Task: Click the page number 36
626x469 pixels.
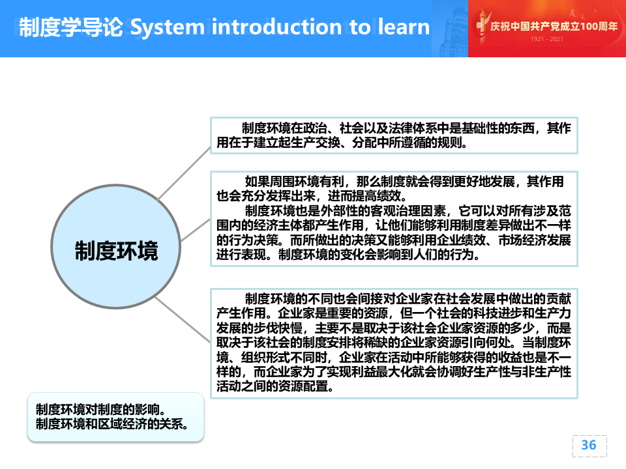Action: (589, 445)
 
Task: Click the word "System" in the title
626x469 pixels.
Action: (168, 27)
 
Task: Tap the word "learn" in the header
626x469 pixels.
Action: (404, 27)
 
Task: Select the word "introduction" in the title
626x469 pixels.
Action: (276, 27)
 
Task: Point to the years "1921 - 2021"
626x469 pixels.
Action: (546, 39)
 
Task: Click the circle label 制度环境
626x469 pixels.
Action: (116, 251)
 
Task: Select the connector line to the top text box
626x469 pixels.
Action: (185, 173)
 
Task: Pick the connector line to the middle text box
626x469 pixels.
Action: (195, 230)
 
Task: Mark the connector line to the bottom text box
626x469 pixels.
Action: (183, 319)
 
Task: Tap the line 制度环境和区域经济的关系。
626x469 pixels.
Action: (112, 423)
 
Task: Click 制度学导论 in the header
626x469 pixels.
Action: (71, 27)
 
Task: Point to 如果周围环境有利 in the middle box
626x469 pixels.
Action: (295, 182)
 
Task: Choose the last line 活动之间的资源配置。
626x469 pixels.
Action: (275, 386)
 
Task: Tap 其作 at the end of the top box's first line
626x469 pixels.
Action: (559, 128)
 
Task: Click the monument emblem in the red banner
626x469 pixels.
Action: (483, 26)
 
